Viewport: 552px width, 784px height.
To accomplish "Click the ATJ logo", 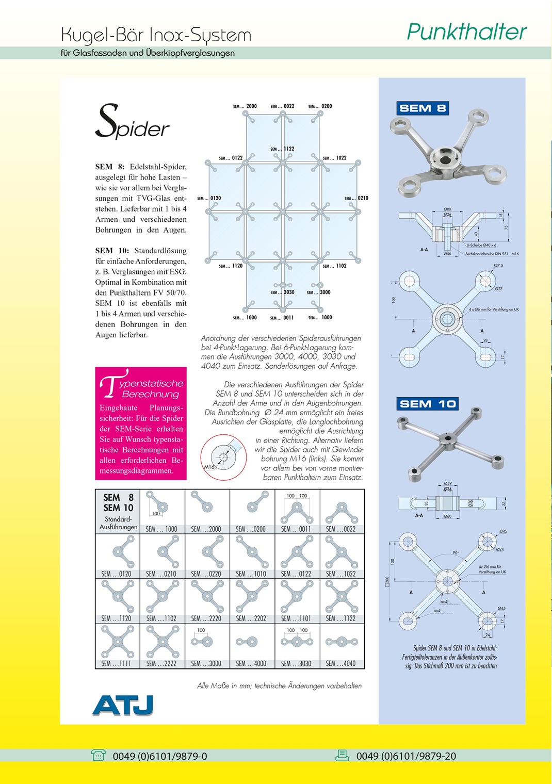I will click(x=123, y=705).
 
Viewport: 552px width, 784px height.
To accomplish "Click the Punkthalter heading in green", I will click(x=466, y=32).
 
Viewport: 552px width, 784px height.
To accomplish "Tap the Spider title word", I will click(x=133, y=122).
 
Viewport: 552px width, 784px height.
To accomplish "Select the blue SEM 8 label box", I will click(x=423, y=108).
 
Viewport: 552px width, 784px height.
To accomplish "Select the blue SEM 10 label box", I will click(x=428, y=404).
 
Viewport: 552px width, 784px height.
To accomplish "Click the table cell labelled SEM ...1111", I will click(x=118, y=646).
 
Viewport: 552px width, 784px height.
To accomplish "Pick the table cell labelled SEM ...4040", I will click(x=342, y=646).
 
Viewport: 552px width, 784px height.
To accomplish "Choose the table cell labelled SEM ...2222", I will click(x=163, y=646).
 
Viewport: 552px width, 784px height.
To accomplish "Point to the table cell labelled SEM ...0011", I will click(x=297, y=512).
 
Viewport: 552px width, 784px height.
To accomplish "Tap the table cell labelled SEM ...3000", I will click(x=207, y=646).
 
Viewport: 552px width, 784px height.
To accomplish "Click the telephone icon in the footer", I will click(x=98, y=755).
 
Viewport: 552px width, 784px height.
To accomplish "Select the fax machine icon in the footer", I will click(x=343, y=755).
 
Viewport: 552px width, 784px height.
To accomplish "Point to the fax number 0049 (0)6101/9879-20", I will click(x=406, y=756).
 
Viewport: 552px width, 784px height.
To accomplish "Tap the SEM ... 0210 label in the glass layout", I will click(x=356, y=198).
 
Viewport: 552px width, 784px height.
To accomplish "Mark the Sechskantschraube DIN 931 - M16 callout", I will click(x=492, y=254).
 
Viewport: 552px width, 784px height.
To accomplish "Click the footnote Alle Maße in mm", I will click(x=279, y=685).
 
